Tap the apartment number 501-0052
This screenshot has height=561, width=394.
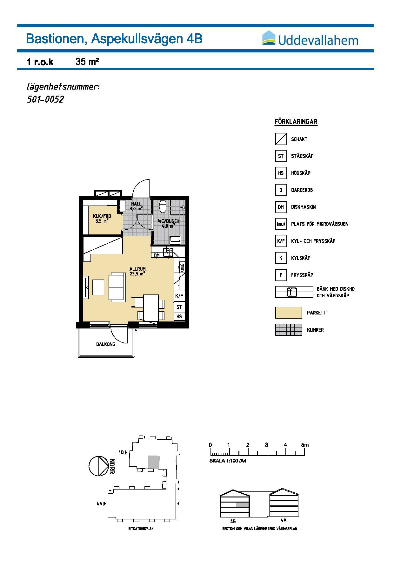(x=45, y=99)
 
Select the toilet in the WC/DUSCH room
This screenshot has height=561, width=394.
(x=163, y=206)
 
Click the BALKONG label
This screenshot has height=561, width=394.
(x=106, y=344)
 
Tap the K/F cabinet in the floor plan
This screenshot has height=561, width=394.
(x=179, y=296)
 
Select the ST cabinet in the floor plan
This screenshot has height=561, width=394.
(x=179, y=307)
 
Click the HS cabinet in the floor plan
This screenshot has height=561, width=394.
(x=179, y=317)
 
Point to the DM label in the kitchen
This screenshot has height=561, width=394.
(x=157, y=255)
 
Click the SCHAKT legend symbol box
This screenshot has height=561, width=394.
(x=281, y=139)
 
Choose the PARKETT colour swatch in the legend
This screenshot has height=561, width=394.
(x=288, y=313)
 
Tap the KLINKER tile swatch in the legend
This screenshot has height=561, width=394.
(x=288, y=330)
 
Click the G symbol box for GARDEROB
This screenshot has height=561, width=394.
(x=281, y=190)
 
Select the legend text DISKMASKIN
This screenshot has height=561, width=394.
(x=303, y=207)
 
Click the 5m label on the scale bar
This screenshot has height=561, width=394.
(x=305, y=445)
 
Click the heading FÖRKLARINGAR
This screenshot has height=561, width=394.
(x=296, y=122)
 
